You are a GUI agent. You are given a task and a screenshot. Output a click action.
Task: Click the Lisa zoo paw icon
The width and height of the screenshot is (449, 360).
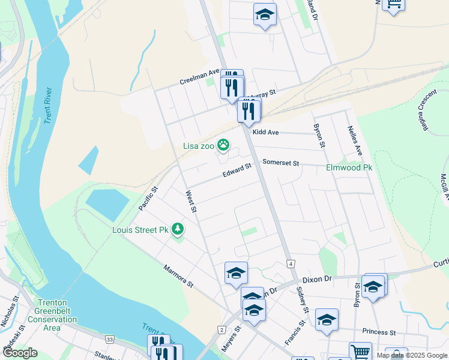(x=223, y=144)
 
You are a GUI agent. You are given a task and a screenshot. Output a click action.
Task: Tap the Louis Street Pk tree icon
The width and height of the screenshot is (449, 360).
(x=177, y=229)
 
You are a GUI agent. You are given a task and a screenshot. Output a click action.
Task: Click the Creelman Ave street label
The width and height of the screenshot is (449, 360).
(x=200, y=82)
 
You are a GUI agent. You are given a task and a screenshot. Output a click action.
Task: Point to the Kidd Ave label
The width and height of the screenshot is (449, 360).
(x=267, y=131)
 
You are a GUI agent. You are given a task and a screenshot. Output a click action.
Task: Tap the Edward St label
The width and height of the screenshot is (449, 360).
(x=237, y=172)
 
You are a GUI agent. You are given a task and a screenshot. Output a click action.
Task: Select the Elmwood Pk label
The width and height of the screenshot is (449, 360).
(x=349, y=168)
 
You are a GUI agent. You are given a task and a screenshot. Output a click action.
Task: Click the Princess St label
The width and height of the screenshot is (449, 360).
(x=379, y=332)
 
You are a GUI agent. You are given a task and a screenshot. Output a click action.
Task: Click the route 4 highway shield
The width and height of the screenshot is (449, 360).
(x=291, y=263)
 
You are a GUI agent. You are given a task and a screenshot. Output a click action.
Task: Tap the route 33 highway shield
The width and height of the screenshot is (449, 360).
(x=110, y=340)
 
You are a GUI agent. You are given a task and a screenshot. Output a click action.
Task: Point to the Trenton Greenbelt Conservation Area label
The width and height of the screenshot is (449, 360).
(x=56, y=315)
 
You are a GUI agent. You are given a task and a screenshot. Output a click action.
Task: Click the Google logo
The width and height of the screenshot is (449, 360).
(x=19, y=353)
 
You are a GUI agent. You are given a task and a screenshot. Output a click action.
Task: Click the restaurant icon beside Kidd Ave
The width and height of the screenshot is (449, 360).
(x=248, y=110)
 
